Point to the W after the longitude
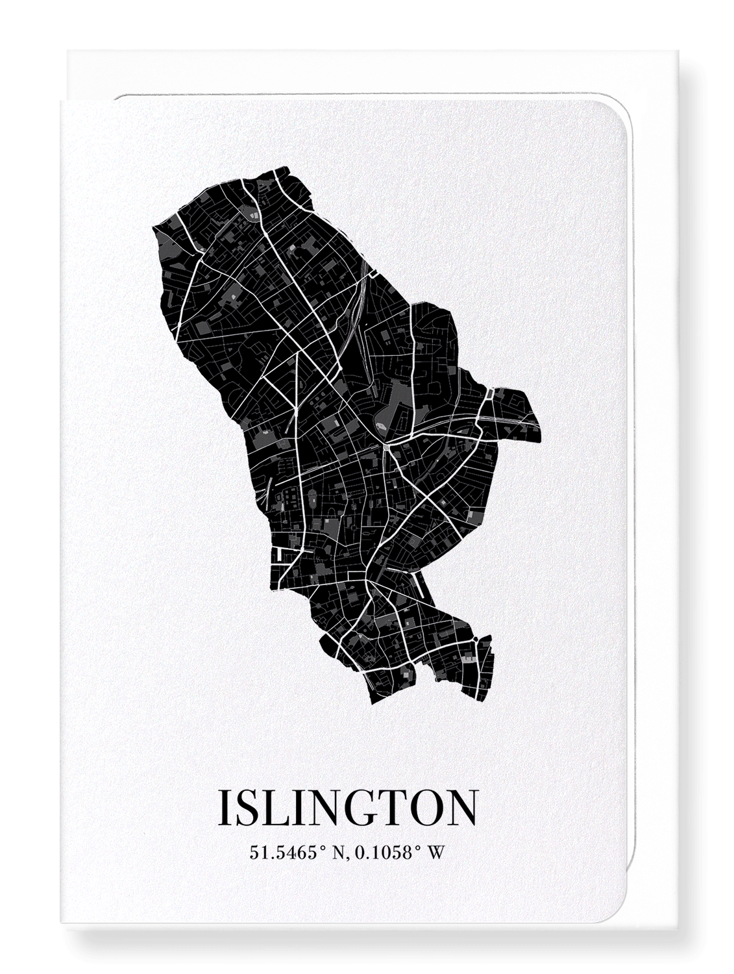(x=437, y=853)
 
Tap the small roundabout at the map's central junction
(x=387, y=447)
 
